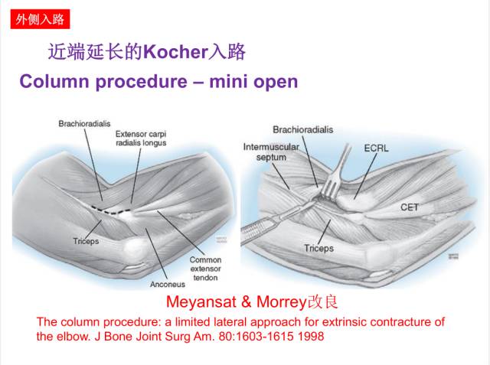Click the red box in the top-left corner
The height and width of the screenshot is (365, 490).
coord(38,18)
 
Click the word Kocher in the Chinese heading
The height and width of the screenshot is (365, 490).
coord(176,52)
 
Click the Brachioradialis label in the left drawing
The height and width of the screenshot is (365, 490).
coord(83,124)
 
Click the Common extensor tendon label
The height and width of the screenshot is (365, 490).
coord(205,269)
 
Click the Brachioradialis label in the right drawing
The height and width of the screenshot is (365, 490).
coord(303,130)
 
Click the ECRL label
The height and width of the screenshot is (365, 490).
coord(377,148)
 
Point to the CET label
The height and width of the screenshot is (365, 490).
coord(410,207)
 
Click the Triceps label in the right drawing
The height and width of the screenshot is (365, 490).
coord(318,248)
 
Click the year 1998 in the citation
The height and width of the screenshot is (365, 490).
coord(310,336)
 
